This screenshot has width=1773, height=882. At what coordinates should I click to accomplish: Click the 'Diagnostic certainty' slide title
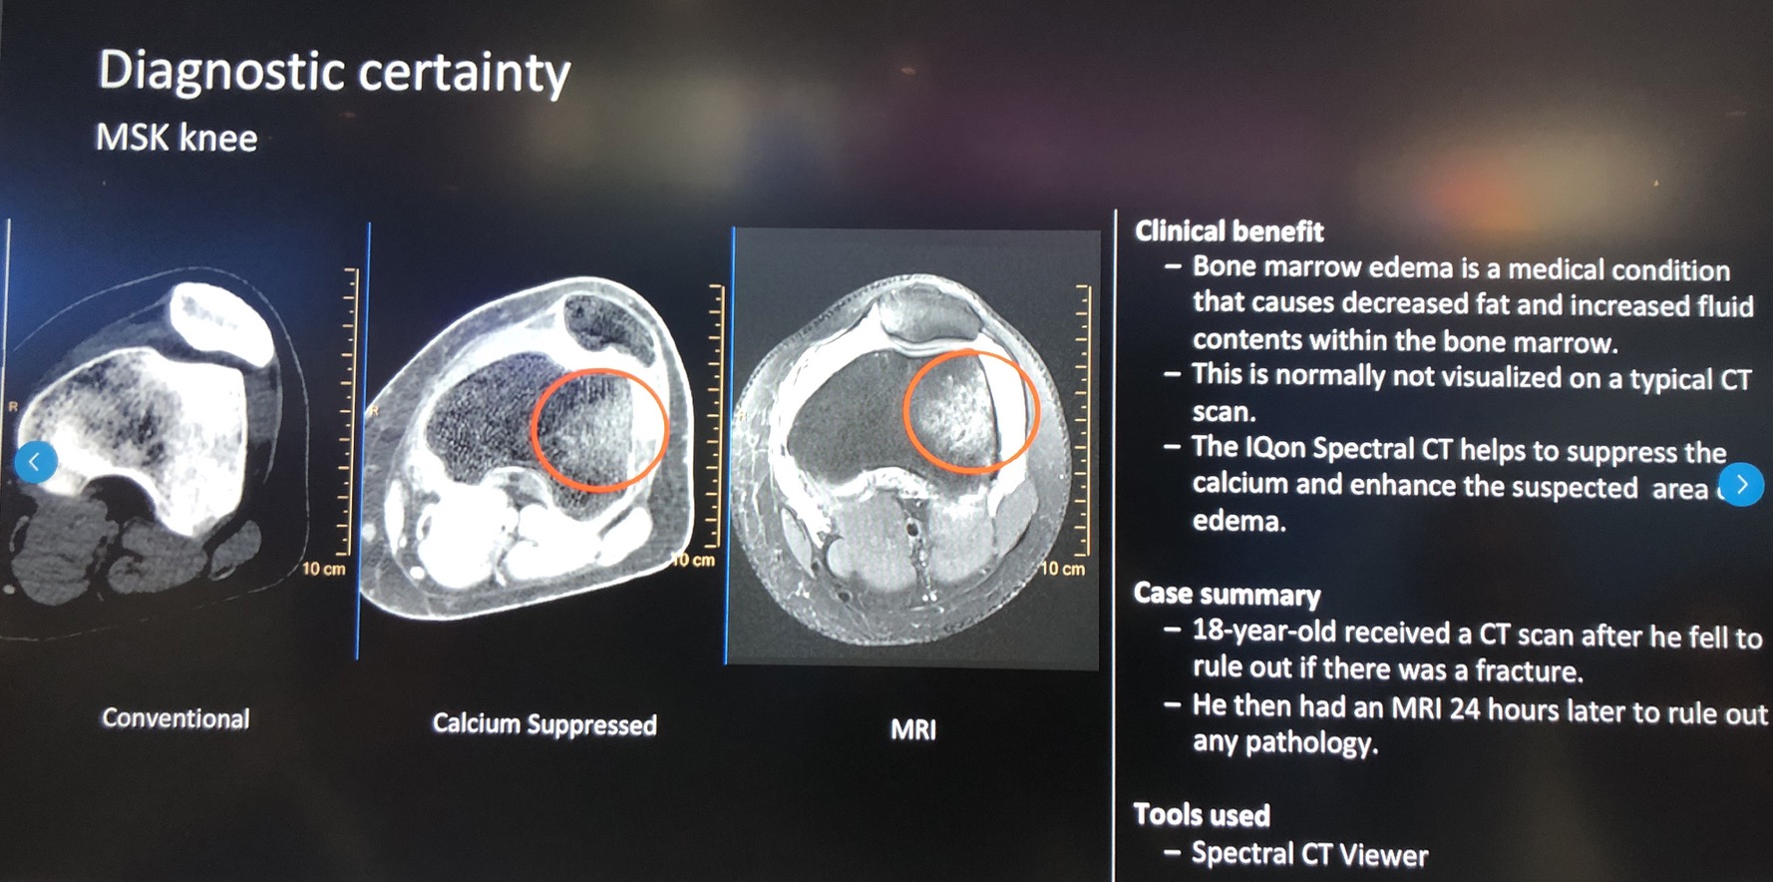click(334, 73)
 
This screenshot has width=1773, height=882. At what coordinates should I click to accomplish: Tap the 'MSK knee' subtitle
click(177, 138)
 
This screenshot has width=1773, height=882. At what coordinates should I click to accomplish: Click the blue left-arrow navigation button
click(36, 462)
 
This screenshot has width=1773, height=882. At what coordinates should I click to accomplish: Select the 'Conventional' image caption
click(176, 718)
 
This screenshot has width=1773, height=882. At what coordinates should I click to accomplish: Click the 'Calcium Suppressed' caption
click(544, 724)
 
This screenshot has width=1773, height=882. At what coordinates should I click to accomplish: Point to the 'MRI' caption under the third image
click(913, 730)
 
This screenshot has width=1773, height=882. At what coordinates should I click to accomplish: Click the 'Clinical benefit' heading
click(1229, 231)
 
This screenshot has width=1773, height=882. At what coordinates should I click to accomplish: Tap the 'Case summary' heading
click(1227, 595)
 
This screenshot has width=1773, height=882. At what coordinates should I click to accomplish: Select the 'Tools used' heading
click(1202, 815)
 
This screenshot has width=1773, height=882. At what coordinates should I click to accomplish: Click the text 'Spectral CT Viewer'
click(1309, 855)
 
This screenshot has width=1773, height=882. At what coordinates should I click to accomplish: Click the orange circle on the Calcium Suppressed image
click(598, 430)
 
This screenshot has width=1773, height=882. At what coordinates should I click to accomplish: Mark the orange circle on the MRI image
click(970, 411)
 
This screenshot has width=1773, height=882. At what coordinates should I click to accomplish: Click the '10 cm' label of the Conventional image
click(323, 570)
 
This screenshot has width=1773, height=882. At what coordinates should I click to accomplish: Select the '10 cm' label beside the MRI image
click(1062, 570)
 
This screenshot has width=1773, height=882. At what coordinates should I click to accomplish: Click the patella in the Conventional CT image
click(222, 322)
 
